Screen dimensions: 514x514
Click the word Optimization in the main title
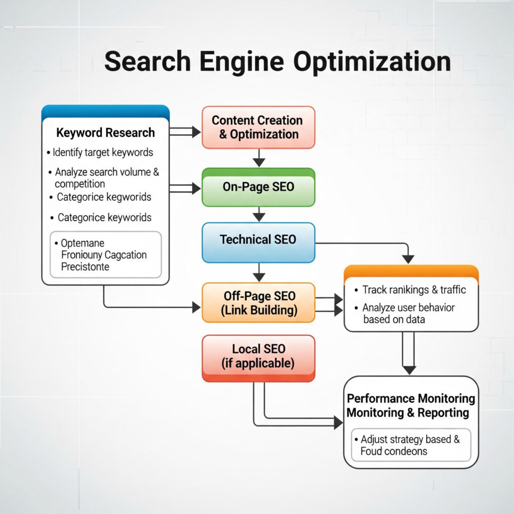point(371,62)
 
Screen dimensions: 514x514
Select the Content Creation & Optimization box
point(258,127)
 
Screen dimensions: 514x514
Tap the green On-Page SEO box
point(258,188)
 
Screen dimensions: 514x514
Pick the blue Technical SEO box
point(258,240)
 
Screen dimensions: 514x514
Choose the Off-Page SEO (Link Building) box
point(258,303)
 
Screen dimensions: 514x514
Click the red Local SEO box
point(258,356)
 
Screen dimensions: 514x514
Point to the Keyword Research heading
point(105,133)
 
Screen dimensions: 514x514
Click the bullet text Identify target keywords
point(102,152)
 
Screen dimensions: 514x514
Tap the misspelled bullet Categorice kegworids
point(103,197)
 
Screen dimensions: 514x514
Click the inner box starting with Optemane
point(105,254)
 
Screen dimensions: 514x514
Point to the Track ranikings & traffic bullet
point(414,290)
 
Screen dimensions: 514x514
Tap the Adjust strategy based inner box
point(410,445)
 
